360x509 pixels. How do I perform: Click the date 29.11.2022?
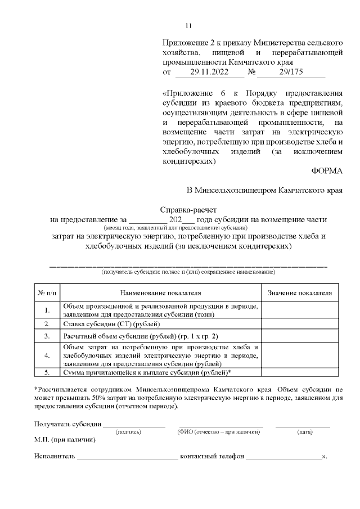209,73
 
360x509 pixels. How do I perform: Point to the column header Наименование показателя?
161,293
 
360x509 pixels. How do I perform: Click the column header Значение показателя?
300,293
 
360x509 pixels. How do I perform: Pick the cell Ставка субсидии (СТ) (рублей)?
111,324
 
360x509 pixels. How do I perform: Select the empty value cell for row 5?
300,372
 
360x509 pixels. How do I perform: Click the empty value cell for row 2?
300,324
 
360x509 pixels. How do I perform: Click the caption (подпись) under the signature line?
128,432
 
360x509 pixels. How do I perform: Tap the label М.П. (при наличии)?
65,440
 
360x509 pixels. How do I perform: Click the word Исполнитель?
55,457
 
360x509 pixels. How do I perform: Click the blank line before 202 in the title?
148,219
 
